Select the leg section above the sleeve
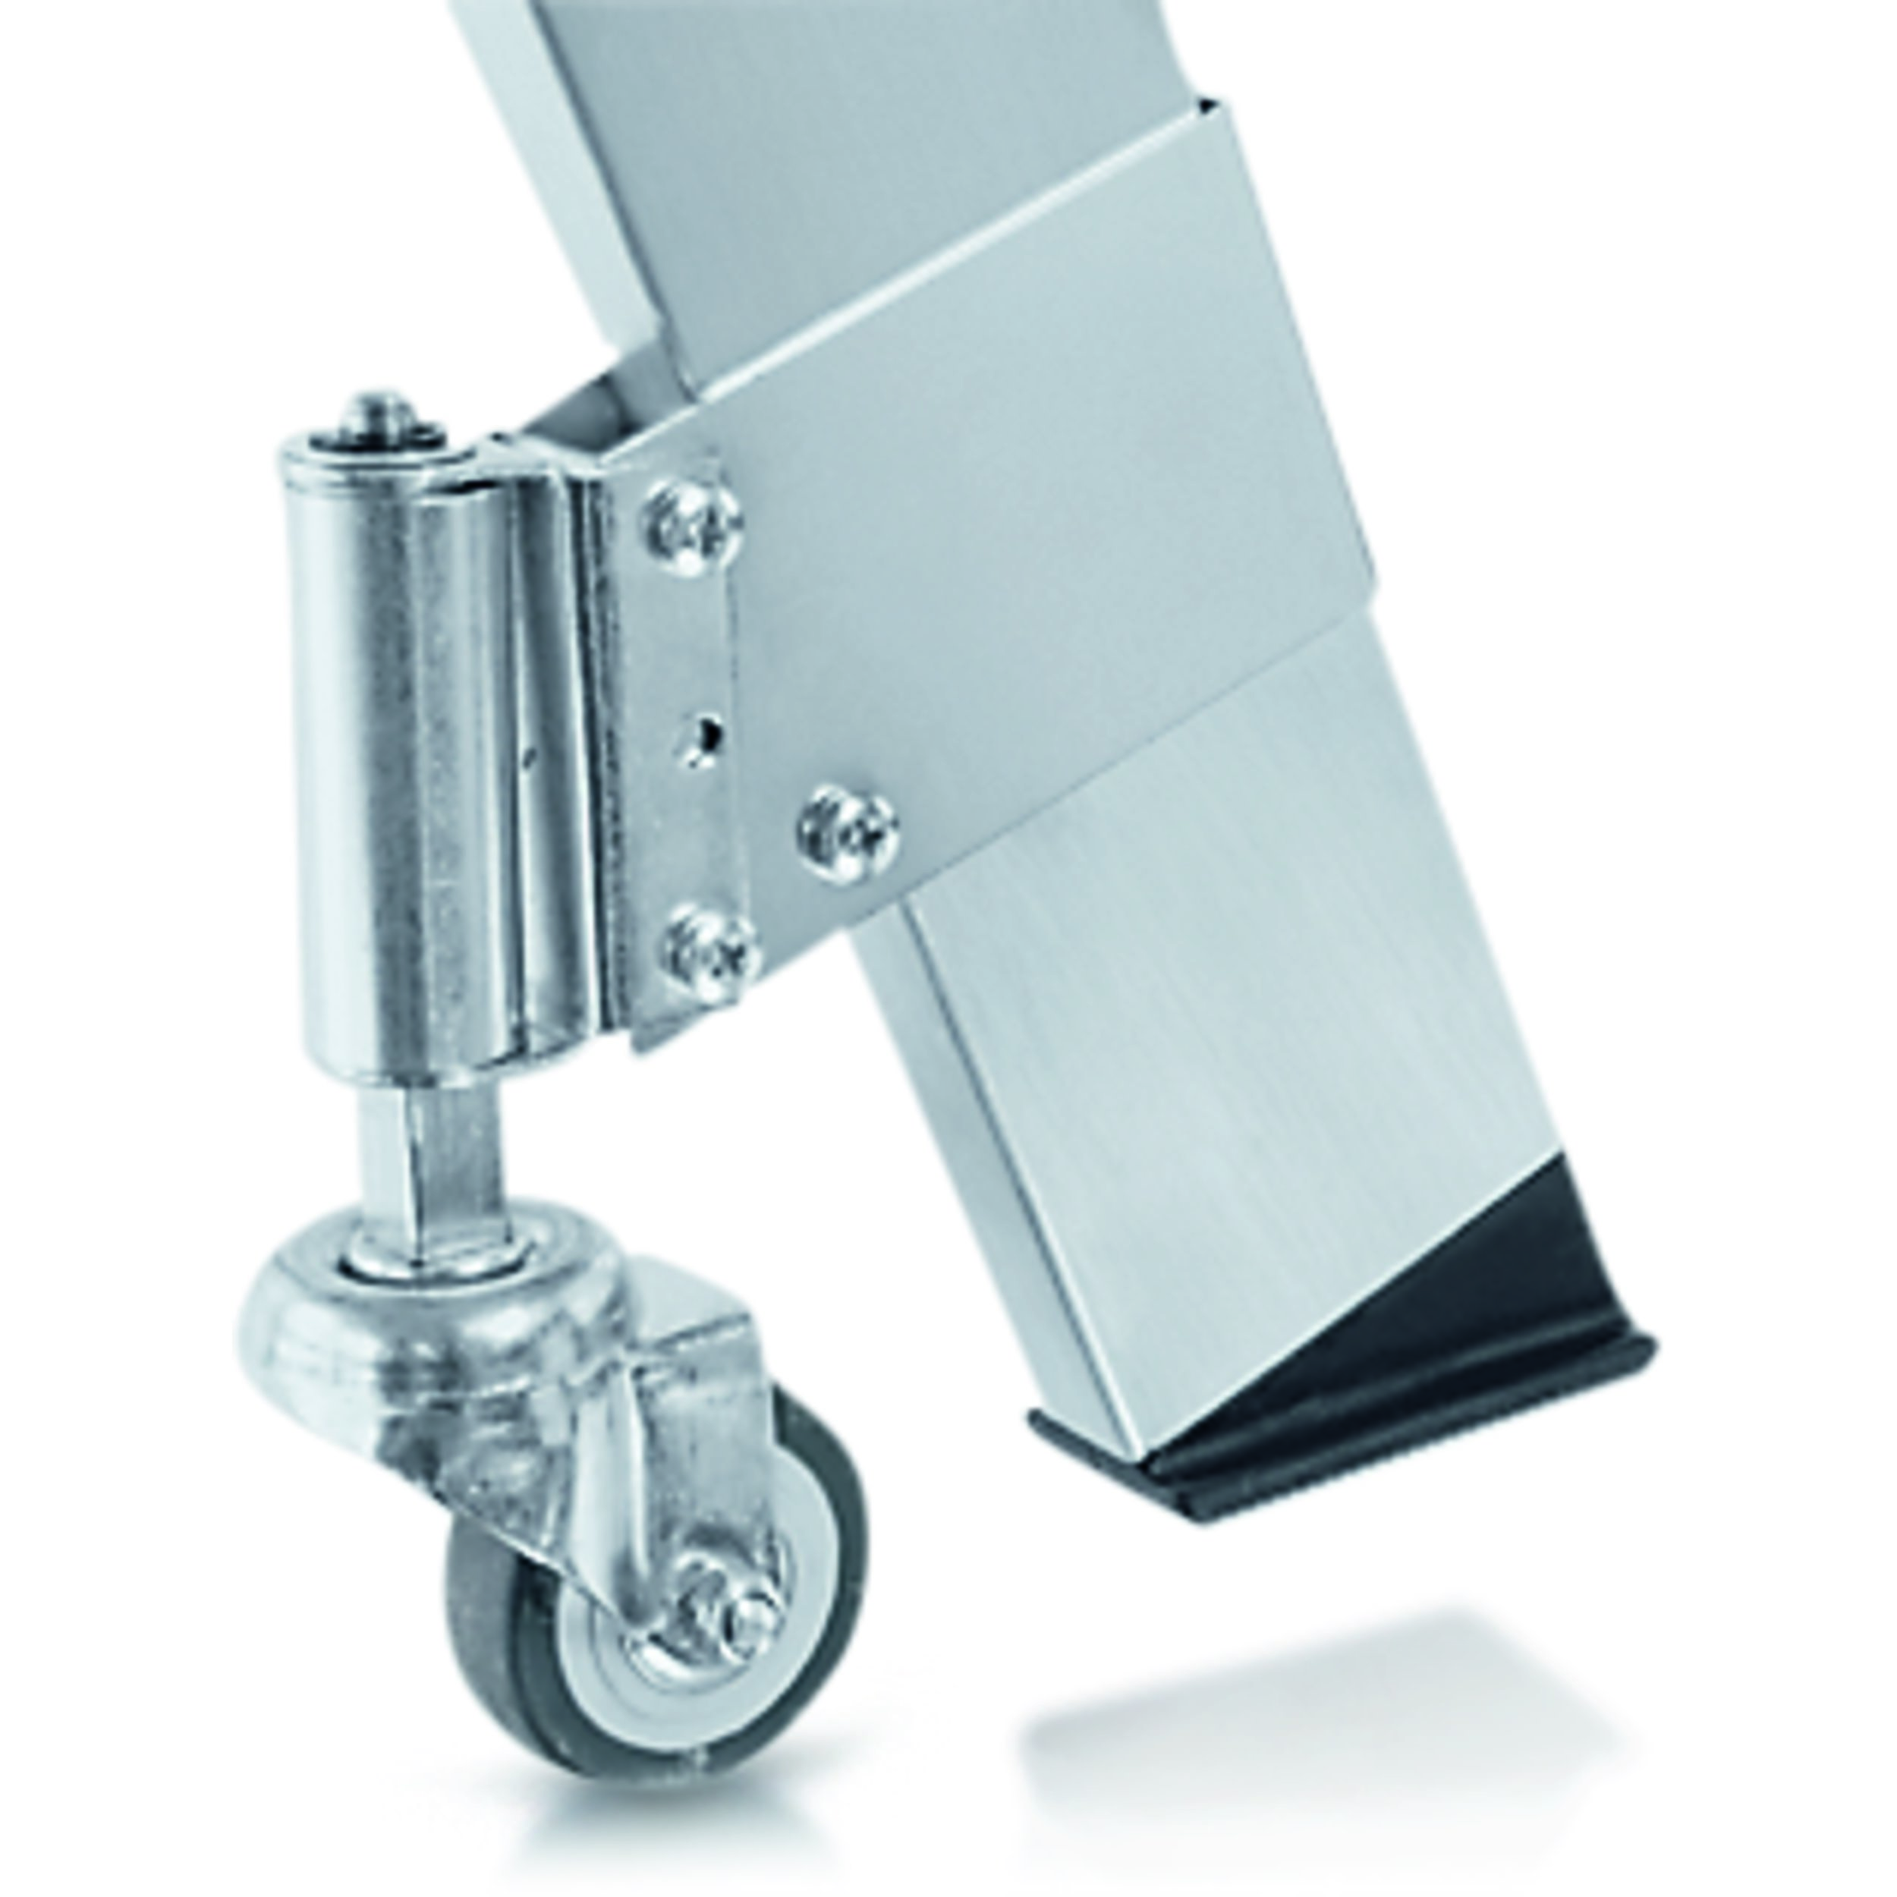point(785,147)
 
